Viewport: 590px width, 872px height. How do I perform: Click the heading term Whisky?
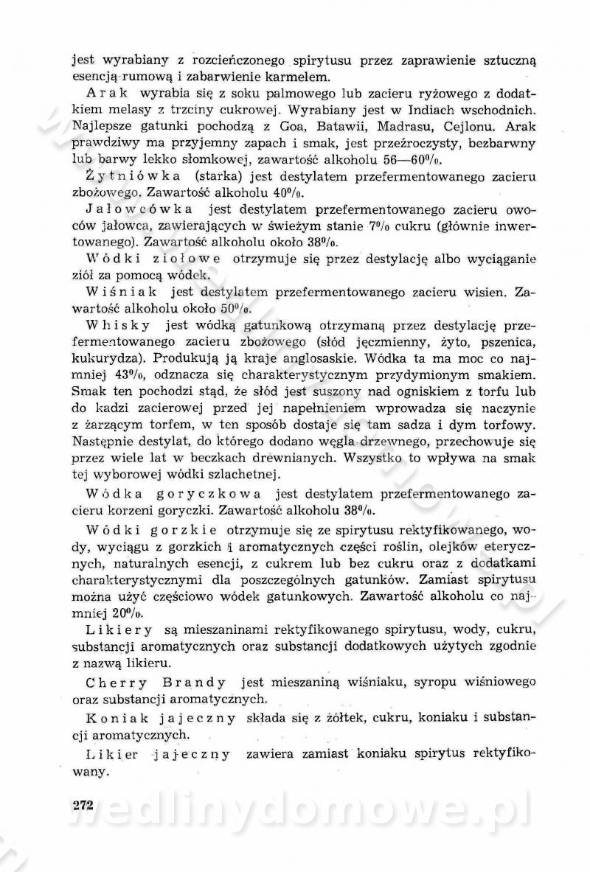118,325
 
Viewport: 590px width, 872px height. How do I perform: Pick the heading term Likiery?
119,630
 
